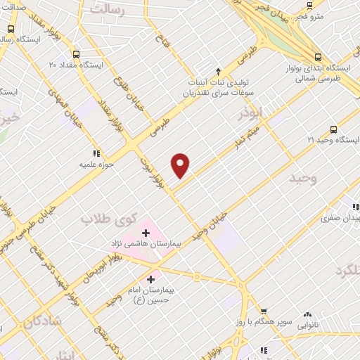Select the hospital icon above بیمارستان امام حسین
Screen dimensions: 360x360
click(x=151, y=280)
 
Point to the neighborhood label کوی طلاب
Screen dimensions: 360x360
click(x=105, y=219)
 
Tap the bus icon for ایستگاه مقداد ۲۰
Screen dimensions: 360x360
click(x=76, y=53)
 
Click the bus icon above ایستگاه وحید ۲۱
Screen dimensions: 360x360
click(x=333, y=129)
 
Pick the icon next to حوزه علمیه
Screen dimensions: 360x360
click(x=96, y=153)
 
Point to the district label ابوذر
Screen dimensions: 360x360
click(x=250, y=112)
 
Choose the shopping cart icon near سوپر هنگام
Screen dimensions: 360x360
click(x=264, y=311)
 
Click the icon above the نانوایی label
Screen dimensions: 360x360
click(x=307, y=316)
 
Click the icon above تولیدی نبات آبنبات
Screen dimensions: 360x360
click(x=219, y=71)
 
